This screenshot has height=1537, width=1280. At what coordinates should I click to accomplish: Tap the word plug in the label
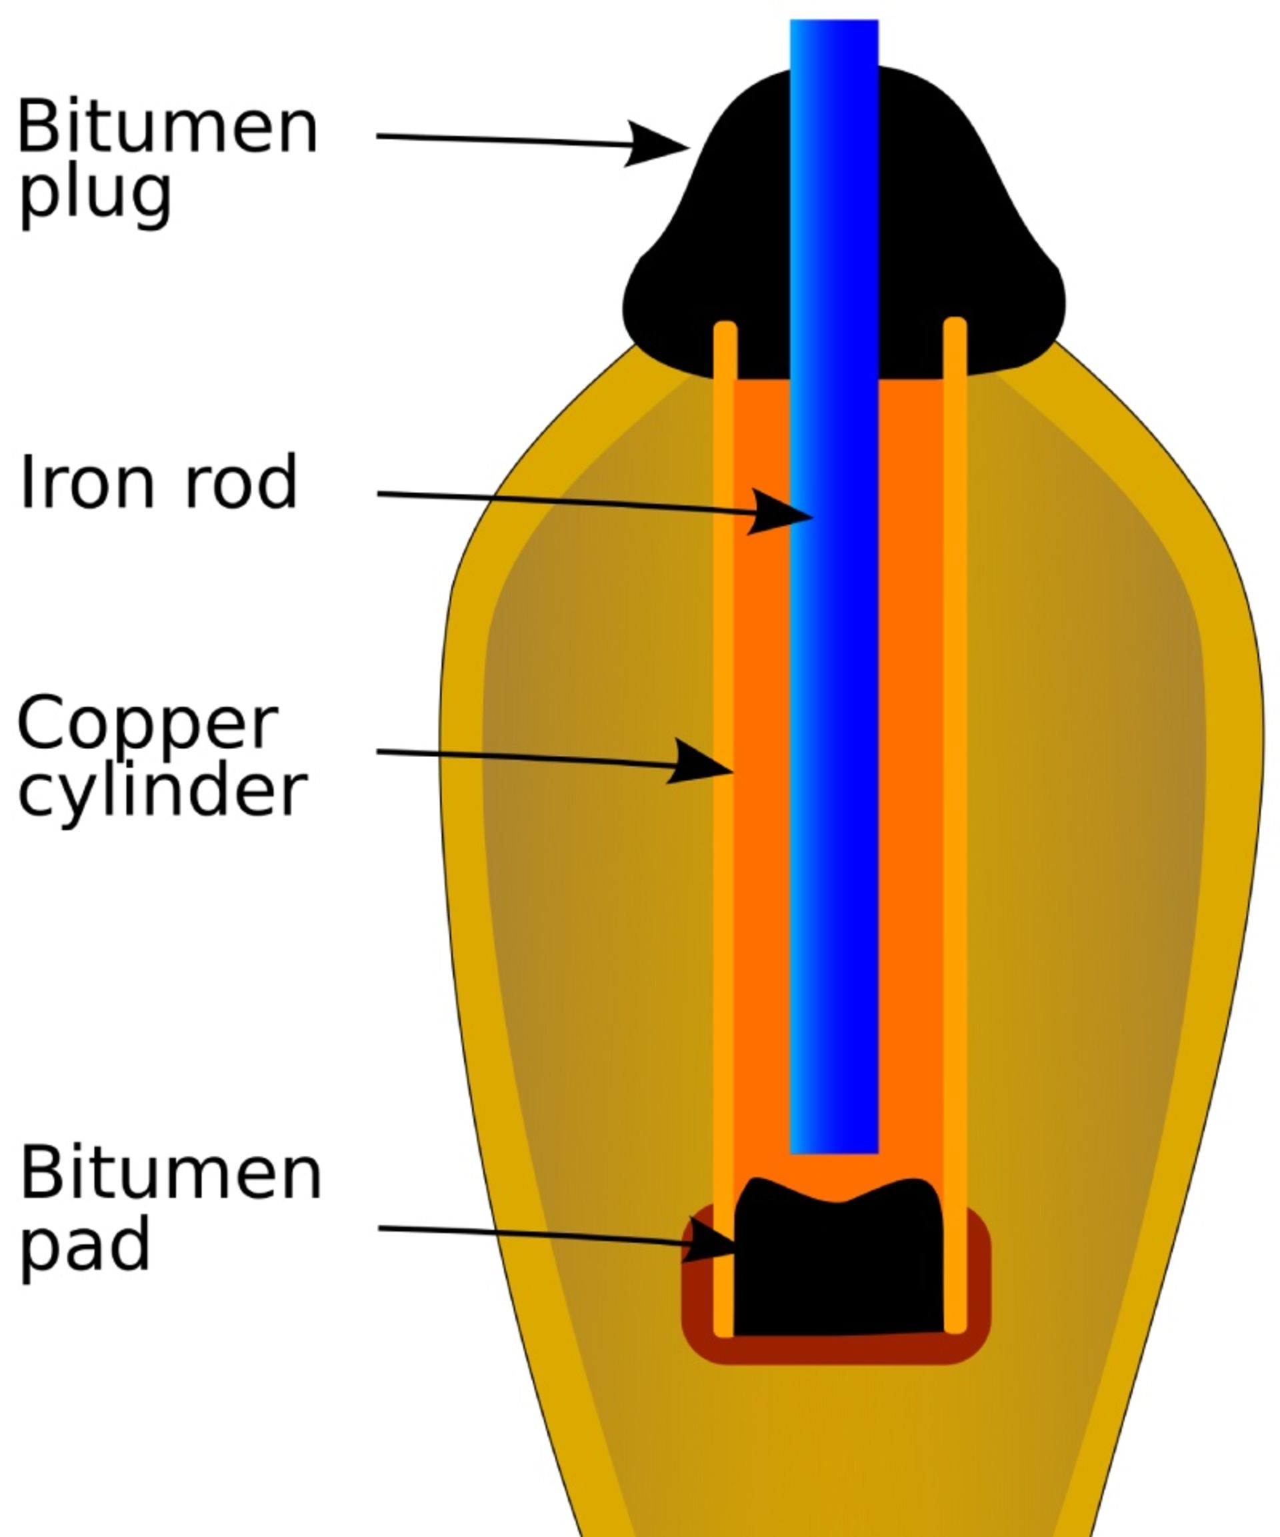point(95,194)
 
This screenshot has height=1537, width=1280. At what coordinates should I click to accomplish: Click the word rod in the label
point(240,482)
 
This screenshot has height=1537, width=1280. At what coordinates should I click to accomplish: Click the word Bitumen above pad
point(170,1173)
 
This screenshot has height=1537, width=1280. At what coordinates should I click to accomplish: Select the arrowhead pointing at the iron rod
point(780,513)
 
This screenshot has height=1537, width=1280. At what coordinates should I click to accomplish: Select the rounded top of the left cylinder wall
point(725,327)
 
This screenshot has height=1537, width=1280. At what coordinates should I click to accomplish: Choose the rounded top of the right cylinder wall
point(955,323)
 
